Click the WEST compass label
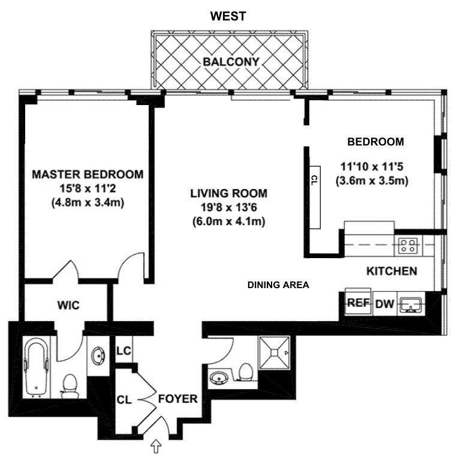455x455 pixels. [228, 16]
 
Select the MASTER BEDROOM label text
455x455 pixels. [88, 175]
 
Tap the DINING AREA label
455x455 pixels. [278, 285]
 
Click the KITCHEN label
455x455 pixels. [391, 271]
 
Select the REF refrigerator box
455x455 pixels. [358, 303]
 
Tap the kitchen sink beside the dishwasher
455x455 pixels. [409, 303]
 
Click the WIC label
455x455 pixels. [68, 305]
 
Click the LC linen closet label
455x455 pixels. [123, 351]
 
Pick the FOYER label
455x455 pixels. [177, 398]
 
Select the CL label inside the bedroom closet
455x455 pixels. [315, 179]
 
